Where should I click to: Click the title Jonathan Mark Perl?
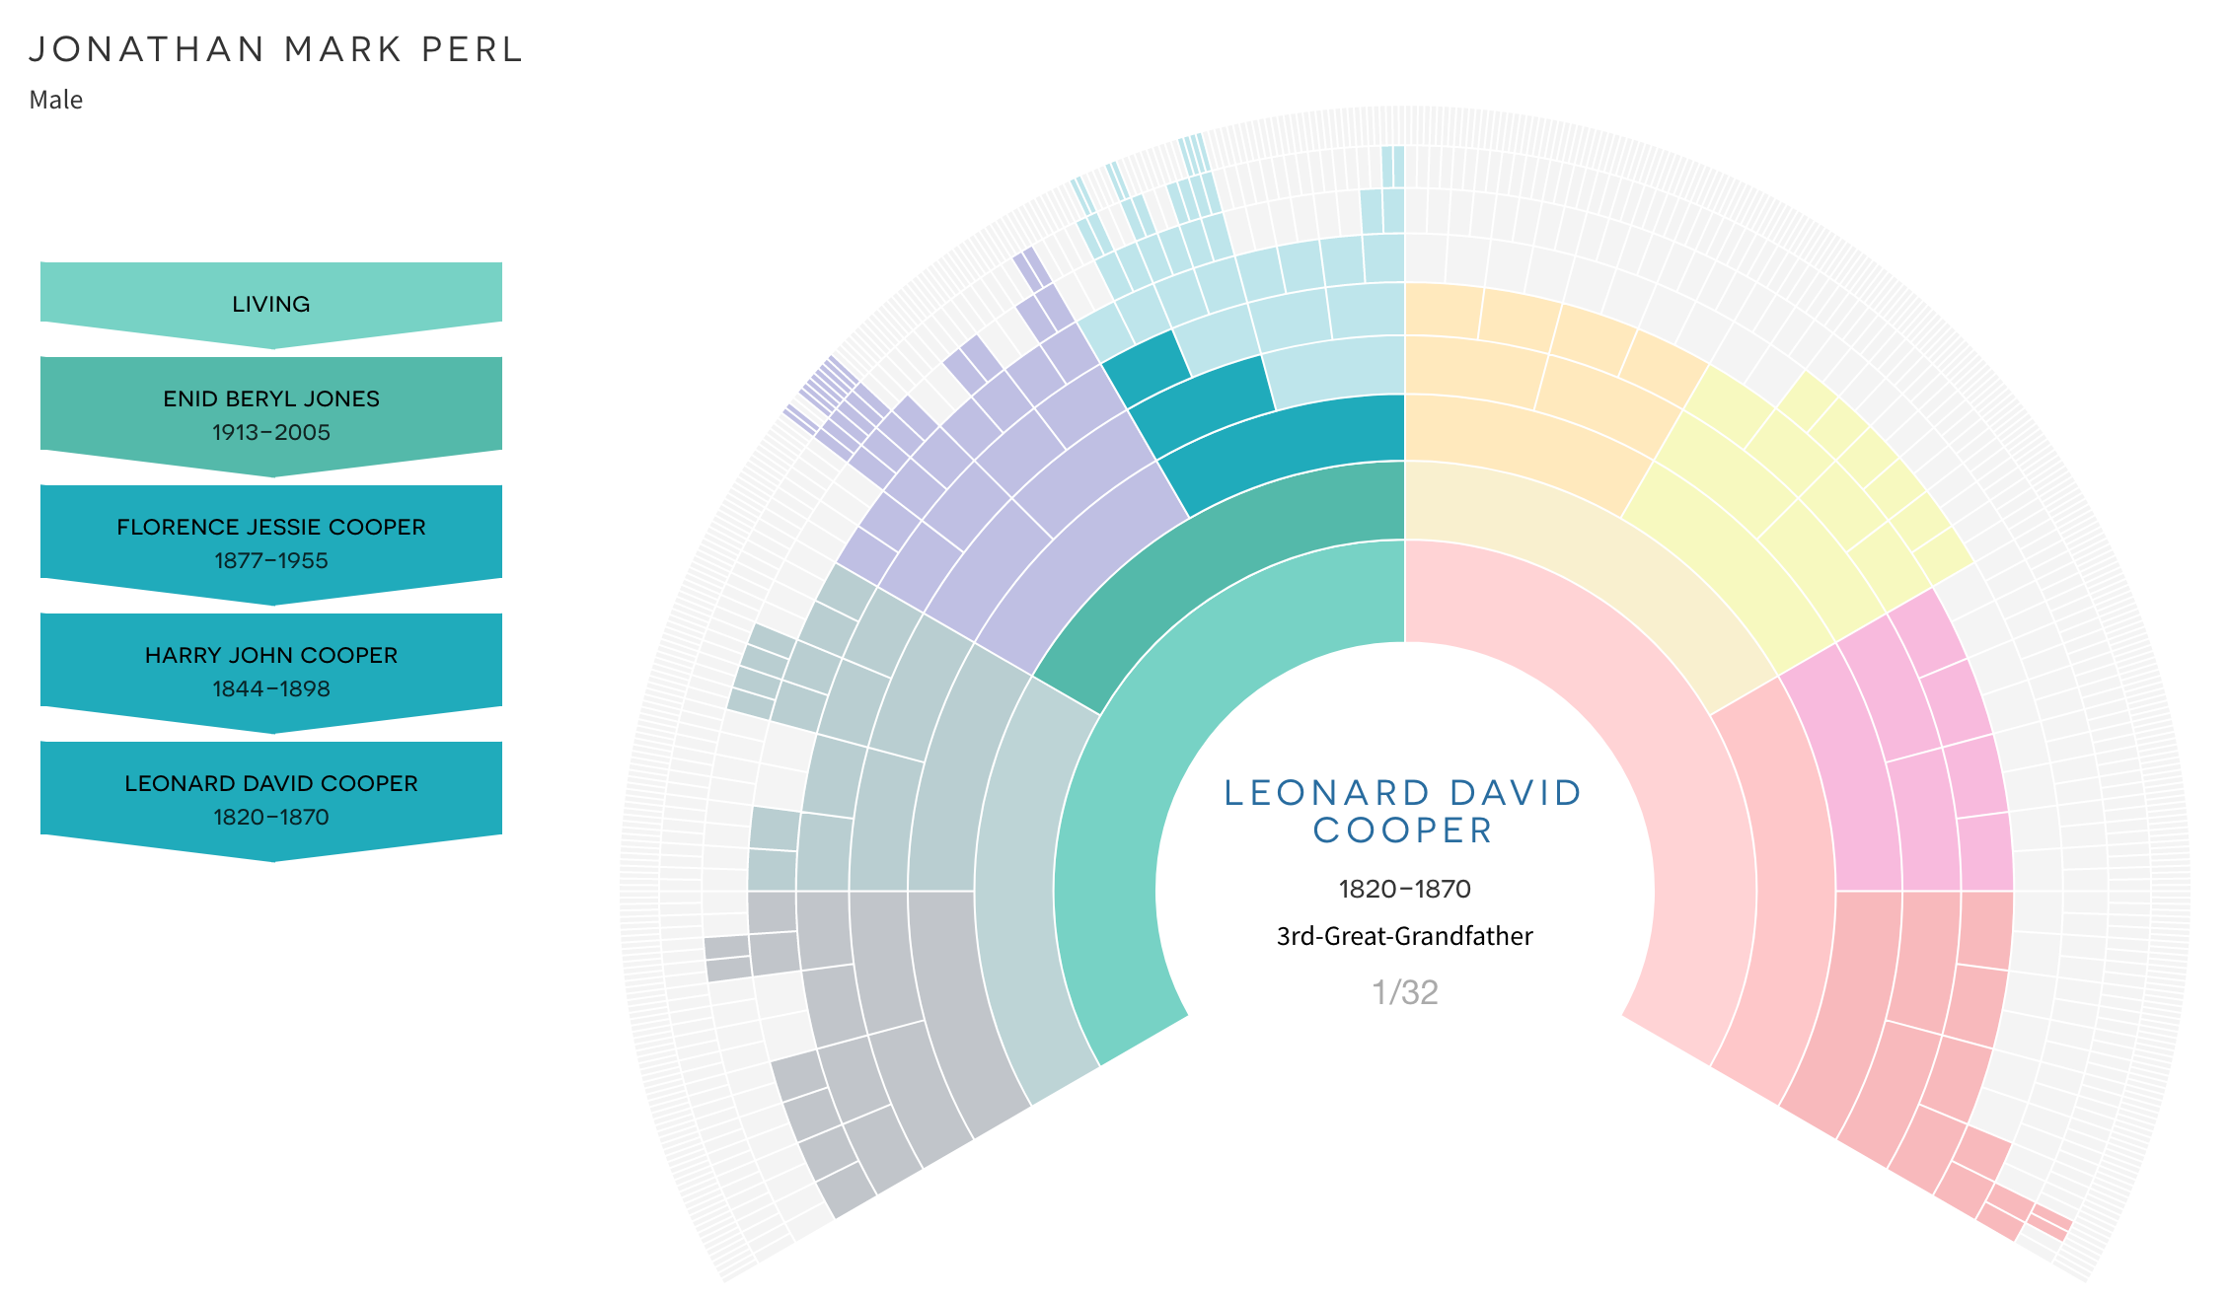275,49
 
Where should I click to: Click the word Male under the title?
56,100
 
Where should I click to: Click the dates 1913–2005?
271,432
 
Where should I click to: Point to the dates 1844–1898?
271,688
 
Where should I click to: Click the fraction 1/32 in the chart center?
1405,992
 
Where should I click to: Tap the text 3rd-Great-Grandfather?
1405,936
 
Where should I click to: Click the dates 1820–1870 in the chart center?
1405,889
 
